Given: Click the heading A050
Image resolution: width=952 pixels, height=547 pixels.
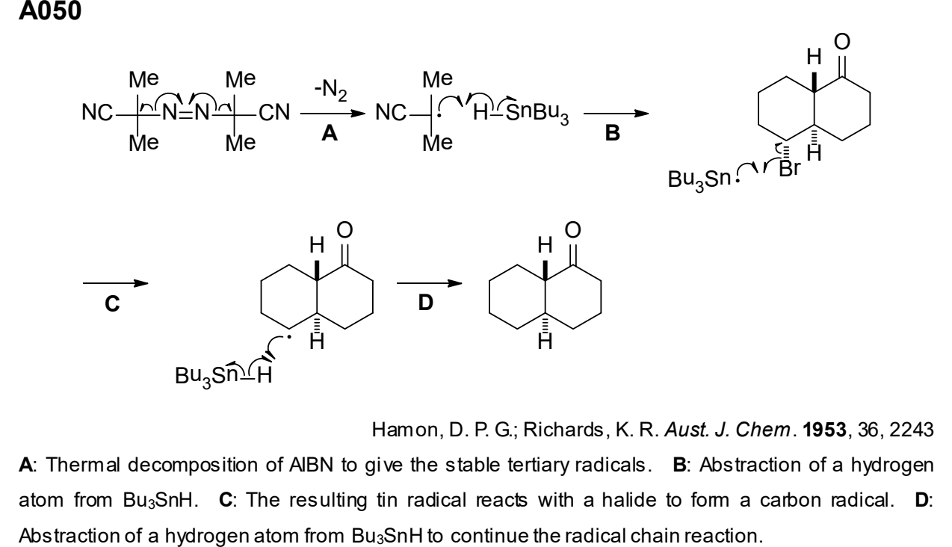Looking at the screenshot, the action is pos(50,10).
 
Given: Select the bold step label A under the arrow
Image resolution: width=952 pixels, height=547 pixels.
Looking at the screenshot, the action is pos(330,134).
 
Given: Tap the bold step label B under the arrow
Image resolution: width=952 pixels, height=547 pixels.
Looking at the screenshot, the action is pos(613,132).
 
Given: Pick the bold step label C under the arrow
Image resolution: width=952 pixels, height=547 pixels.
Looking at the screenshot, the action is pos(112,304).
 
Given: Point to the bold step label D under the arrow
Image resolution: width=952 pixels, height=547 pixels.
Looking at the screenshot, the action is pos(426,303).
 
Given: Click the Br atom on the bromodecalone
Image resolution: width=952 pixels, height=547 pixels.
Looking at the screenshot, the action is pos(790,169).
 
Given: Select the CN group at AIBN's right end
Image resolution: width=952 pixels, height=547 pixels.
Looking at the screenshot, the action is pos(274,113).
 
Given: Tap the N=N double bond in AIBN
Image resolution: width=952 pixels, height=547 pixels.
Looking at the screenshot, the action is pos(186,113).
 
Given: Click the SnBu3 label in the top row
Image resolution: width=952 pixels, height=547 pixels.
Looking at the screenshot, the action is pos(537,114).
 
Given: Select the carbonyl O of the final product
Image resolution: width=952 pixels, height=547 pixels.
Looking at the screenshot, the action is pos(572,230).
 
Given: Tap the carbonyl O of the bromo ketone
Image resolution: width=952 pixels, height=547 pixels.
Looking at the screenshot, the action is pos(842,42).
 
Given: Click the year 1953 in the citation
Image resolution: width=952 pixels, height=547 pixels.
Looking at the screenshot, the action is pos(824,430).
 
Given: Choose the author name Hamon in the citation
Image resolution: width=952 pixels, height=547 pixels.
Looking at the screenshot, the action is pos(404,430).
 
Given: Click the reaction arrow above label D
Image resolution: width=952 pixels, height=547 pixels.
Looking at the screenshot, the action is pos(429,283).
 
